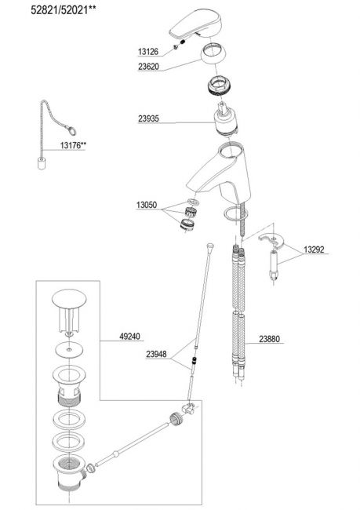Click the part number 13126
(148, 51)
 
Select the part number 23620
(148, 67)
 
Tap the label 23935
(148, 118)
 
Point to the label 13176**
(73, 145)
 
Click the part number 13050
(147, 205)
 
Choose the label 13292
(314, 250)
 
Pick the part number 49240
(129, 337)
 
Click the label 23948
(156, 354)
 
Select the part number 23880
(269, 339)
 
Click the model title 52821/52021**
(64, 10)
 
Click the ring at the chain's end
(71, 130)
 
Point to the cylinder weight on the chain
(42, 163)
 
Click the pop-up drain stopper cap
(70, 298)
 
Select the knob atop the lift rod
(210, 246)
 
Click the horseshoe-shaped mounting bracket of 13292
(272, 241)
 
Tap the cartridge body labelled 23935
(227, 120)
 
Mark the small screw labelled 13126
(176, 46)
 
